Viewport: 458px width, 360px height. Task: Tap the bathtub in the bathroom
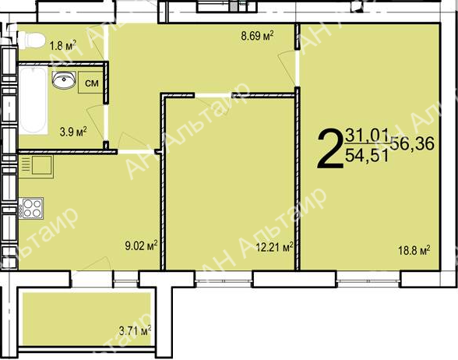[33, 100]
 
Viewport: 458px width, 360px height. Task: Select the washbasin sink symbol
[64, 79]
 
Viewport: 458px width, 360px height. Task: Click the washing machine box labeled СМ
[91, 83]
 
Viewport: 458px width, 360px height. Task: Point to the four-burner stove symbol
[31, 208]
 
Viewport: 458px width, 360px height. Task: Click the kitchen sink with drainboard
[36, 166]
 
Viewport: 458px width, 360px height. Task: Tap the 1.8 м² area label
[63, 45]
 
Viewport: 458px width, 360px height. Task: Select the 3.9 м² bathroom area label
[73, 132]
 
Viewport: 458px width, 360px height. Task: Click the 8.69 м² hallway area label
[257, 36]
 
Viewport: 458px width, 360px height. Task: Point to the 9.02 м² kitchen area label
[142, 245]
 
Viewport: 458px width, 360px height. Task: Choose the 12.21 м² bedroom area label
[274, 248]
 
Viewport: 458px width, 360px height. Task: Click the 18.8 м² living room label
[414, 250]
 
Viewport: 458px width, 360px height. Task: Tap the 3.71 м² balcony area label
[135, 331]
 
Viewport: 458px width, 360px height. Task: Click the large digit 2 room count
[330, 149]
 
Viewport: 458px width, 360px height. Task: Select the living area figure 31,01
[367, 136]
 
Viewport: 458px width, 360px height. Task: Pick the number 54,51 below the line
[367, 155]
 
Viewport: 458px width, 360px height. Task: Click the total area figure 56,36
[413, 143]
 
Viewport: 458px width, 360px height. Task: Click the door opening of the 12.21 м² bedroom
[213, 95]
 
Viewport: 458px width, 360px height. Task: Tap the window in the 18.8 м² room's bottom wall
[368, 279]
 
